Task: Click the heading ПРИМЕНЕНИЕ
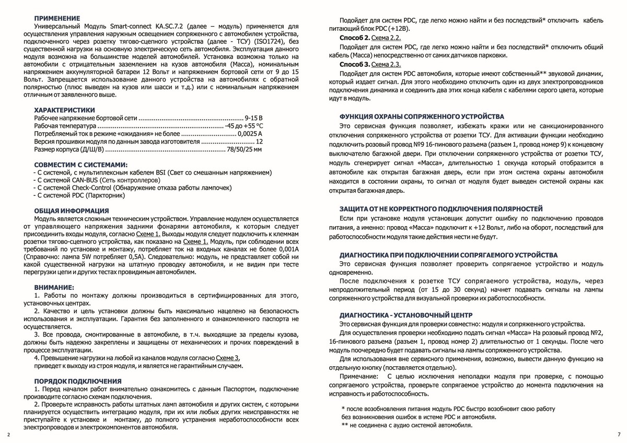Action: (57, 18)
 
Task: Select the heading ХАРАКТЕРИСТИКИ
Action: (64, 110)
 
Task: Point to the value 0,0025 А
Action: (249, 134)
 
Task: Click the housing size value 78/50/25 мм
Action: (243, 149)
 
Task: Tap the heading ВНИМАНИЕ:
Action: (54, 287)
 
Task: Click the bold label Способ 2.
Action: (355, 39)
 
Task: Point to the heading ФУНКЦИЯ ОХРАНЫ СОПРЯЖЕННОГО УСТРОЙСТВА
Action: (422, 116)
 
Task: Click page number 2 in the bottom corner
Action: (8, 435)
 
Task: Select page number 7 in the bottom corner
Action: (619, 435)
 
